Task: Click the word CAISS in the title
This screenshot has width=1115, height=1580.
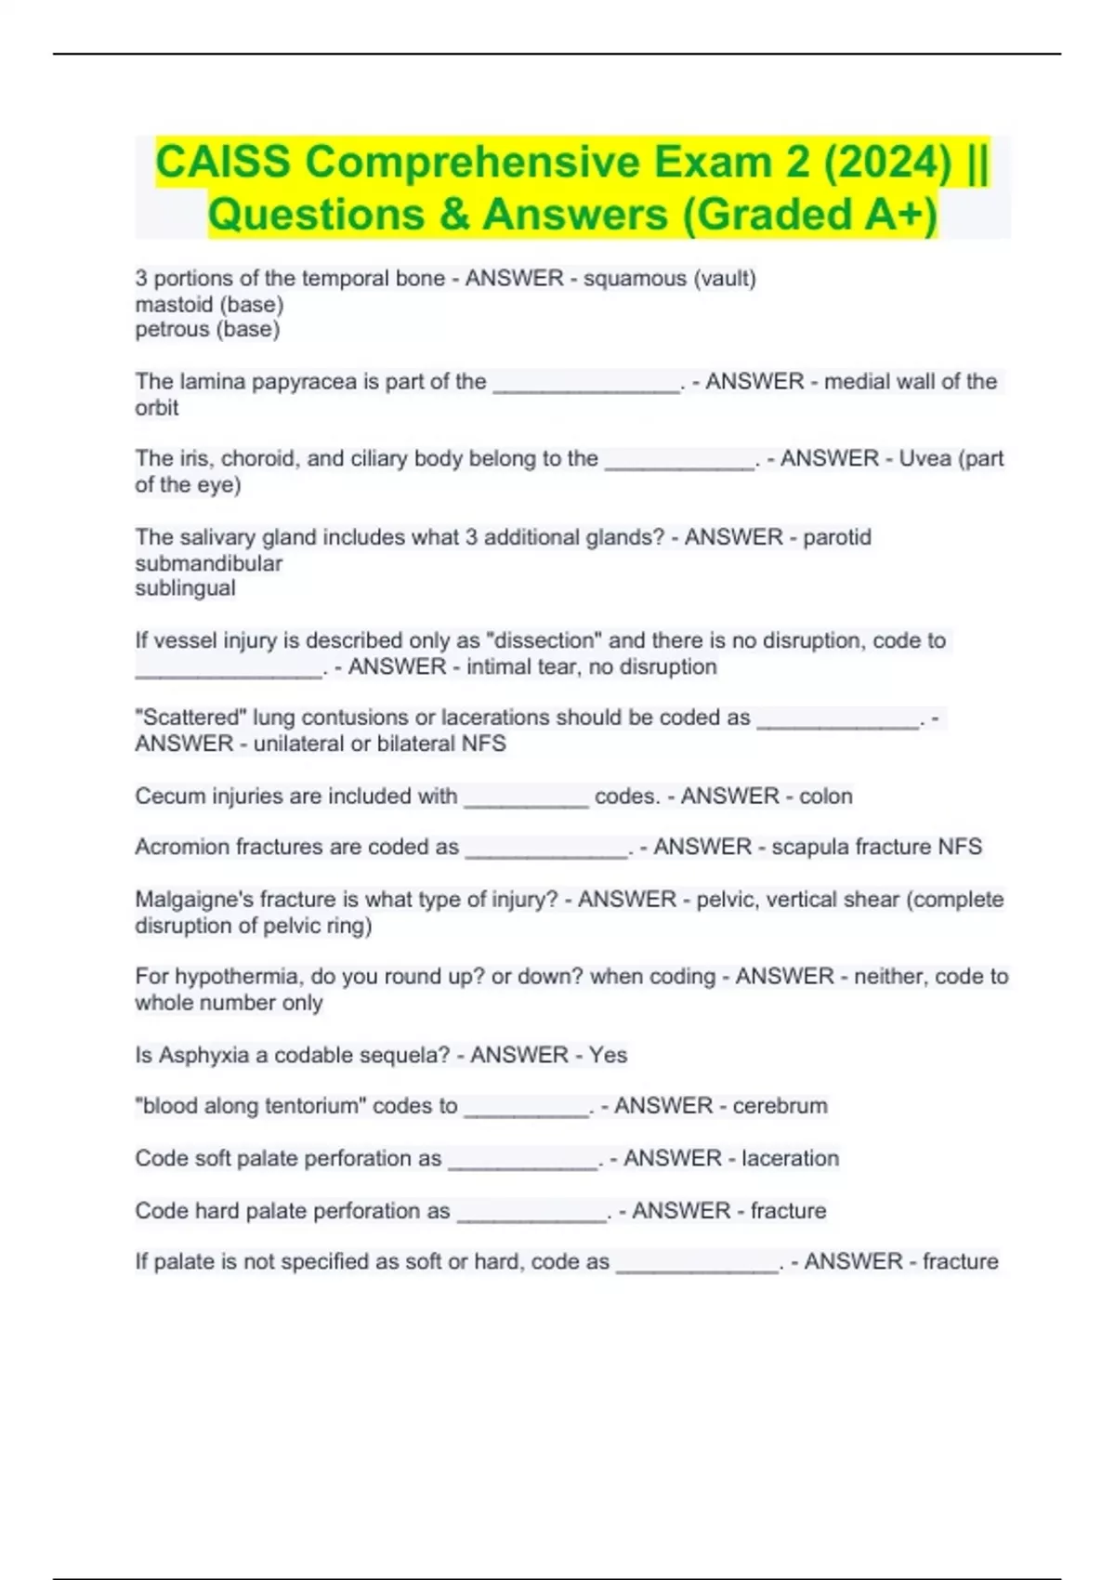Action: [x=223, y=162]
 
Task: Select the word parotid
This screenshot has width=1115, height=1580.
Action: [x=837, y=537]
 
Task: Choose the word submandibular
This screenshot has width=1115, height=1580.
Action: [x=209, y=563]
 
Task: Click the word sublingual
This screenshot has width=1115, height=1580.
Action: [x=185, y=588]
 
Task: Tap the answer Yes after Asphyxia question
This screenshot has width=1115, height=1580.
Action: [x=608, y=1055]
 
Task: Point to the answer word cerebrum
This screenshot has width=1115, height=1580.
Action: [x=780, y=1106]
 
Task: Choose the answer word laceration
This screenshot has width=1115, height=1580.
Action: [x=790, y=1158]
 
